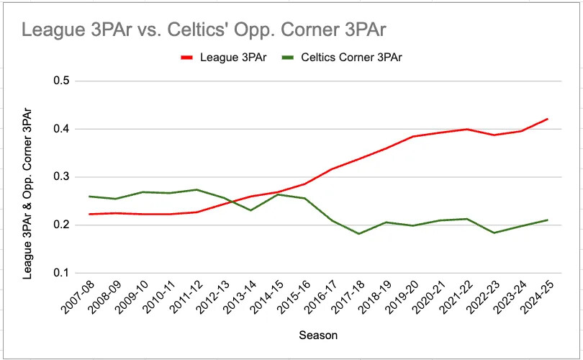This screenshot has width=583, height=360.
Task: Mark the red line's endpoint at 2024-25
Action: click(548, 119)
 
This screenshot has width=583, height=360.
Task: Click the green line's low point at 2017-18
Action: click(358, 234)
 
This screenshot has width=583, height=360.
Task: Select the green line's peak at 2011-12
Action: click(196, 189)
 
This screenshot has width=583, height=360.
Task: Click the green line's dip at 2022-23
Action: click(494, 233)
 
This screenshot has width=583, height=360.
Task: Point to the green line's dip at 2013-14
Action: click(250, 210)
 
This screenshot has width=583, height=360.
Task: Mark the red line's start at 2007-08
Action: click(89, 214)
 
